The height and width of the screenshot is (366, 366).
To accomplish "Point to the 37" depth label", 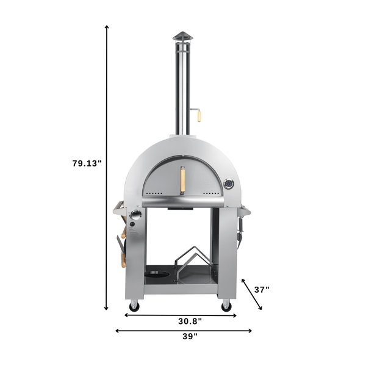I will coord(262,290).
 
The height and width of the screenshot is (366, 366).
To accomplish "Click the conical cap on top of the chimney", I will coord(181,35).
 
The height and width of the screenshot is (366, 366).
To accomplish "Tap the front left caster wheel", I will coord(134,304).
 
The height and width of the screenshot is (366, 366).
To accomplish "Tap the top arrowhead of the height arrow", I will coord(107,27).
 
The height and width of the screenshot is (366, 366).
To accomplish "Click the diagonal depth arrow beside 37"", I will coord(253,294).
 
